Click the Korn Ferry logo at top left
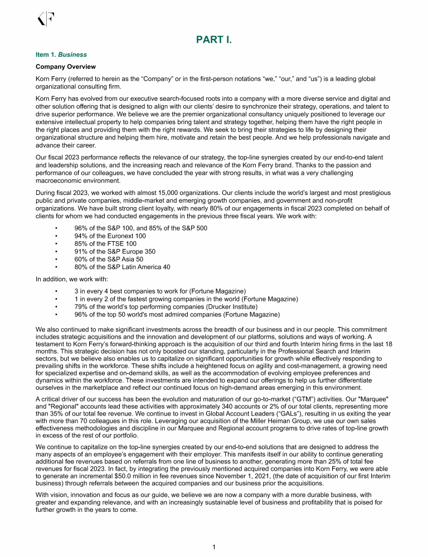pos(45,19)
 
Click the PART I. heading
pos(214,40)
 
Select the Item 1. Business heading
pos(61,55)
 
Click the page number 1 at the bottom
pos(214,548)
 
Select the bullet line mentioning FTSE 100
pos(106,243)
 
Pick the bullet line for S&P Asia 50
pos(109,259)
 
